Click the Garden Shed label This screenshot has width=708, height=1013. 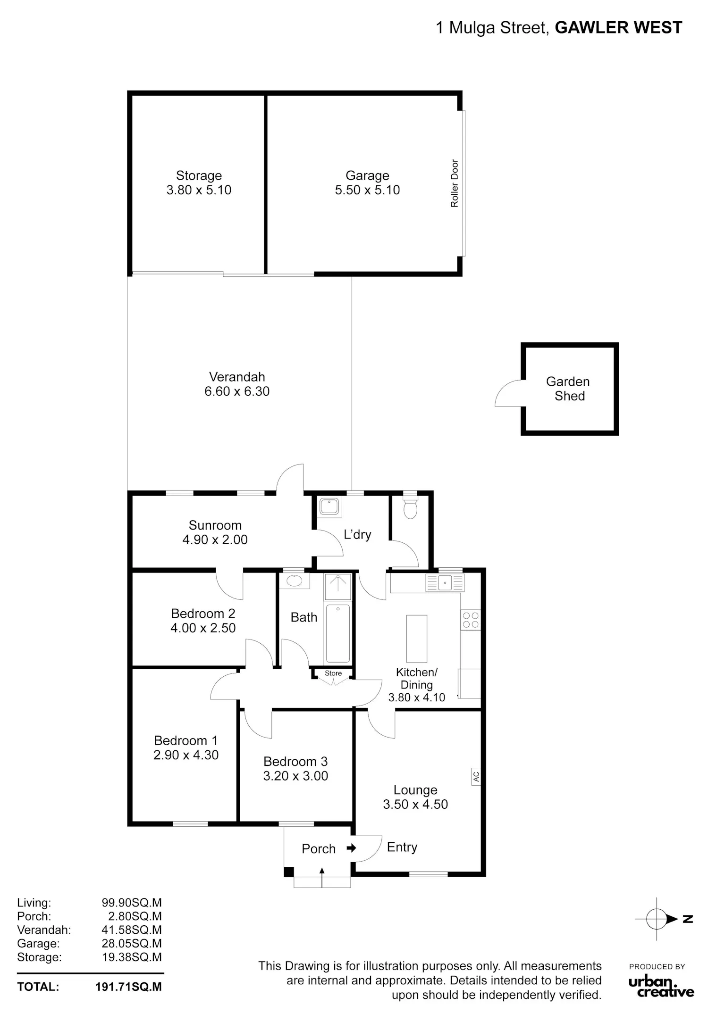point(568,389)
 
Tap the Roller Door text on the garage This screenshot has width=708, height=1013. point(455,183)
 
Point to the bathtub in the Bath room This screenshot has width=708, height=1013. point(338,633)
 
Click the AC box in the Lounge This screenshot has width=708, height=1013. point(476,776)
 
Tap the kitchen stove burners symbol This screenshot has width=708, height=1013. point(471,620)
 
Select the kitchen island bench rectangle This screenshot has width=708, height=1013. point(417,639)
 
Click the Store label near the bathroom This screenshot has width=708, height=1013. point(333,673)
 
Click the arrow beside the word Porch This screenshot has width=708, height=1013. point(351,848)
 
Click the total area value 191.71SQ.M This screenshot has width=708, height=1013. point(128,987)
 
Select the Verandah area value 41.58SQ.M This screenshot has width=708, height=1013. point(132,930)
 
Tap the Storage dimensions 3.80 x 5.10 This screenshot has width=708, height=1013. point(199,190)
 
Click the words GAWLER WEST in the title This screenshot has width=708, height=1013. point(618,28)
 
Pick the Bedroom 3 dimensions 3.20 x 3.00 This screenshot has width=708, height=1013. point(295,776)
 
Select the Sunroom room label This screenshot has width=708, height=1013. point(215,525)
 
